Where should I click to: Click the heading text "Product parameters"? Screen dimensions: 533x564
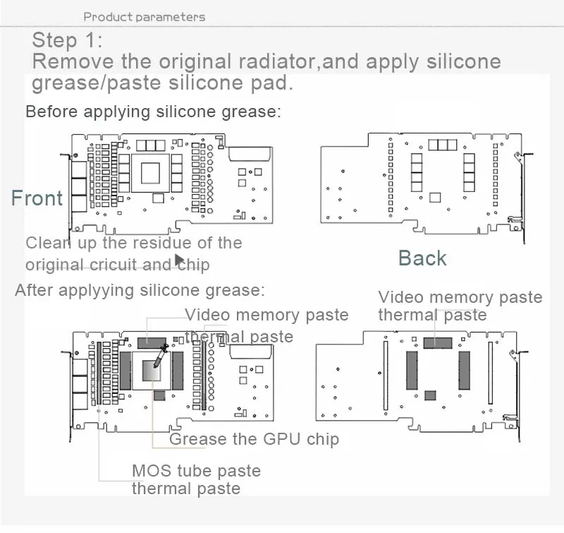144,16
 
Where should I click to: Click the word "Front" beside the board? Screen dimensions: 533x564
37,198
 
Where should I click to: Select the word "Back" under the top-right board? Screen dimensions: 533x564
422,258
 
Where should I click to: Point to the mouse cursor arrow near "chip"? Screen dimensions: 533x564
169,261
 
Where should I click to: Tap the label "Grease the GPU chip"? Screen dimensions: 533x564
254,439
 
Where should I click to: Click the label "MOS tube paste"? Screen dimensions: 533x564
196,471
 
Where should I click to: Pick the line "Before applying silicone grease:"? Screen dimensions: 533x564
153,112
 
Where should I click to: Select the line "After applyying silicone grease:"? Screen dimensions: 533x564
140,289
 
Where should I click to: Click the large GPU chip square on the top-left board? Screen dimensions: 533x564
152,172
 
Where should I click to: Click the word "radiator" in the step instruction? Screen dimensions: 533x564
264,61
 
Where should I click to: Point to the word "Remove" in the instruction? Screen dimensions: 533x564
68,61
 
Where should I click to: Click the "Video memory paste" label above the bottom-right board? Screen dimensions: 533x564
460,297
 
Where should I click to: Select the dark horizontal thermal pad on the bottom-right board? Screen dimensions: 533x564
438,342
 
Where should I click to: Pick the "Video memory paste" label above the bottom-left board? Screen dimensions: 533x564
266,315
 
